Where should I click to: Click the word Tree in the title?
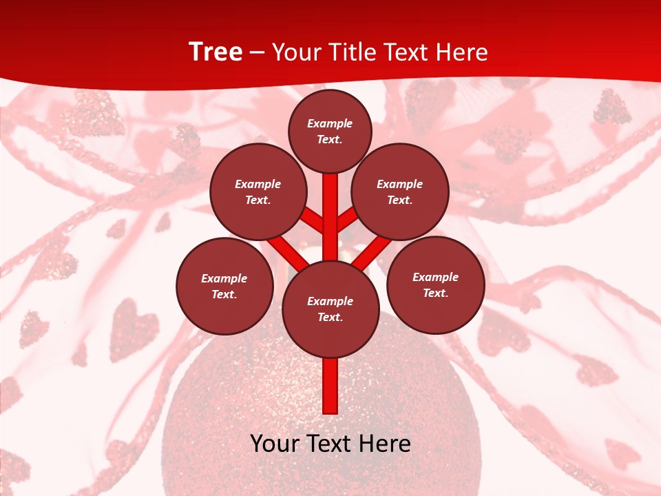216,52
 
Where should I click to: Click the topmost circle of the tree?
330,131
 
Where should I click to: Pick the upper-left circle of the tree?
258,192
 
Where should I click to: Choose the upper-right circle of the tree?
400,192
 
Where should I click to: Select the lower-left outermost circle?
224,286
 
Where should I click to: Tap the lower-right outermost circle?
436,285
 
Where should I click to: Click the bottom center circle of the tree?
330,309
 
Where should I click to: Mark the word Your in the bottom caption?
273,444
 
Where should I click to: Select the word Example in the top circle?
330,124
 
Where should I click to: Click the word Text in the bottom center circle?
330,318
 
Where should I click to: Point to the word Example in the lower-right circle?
435,277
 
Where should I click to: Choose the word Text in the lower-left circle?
224,295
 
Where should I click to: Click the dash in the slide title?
257,52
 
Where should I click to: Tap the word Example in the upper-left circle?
258,184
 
